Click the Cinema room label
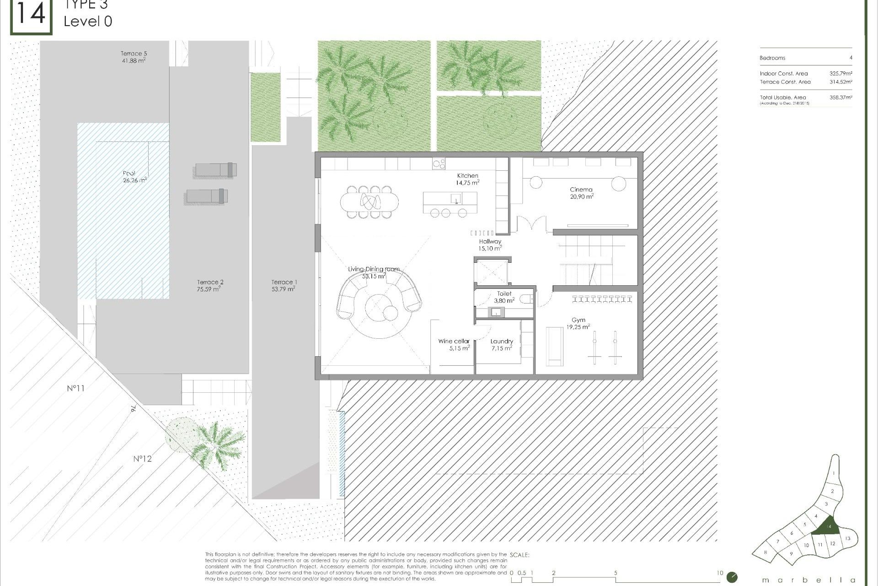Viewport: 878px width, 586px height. (581, 190)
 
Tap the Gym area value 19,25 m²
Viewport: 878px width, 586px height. (578, 327)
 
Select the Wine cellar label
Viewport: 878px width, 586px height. (454, 341)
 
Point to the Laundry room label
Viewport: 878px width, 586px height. (502, 341)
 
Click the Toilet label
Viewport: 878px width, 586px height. (504, 293)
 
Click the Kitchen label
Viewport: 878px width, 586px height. (467, 176)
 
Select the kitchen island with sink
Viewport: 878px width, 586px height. (450, 199)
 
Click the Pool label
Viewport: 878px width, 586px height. (129, 173)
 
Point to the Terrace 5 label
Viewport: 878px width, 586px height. (134, 54)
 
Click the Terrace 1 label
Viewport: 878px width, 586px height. (284, 282)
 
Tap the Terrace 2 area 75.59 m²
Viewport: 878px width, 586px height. (209, 289)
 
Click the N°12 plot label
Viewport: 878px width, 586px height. (142, 459)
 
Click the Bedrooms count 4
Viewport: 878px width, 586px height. (851, 58)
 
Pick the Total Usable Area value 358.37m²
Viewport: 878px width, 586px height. (841, 98)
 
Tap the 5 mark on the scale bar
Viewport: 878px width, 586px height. (616, 573)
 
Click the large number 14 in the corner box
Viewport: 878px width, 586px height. (31, 15)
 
